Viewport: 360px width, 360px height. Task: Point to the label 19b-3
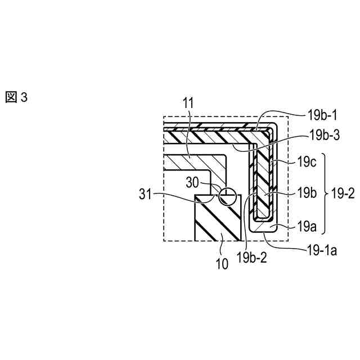(322, 136)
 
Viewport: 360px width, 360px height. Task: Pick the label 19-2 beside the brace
(342, 194)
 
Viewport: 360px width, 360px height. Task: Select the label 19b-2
(251, 258)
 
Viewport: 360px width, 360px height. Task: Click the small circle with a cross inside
(227, 195)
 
